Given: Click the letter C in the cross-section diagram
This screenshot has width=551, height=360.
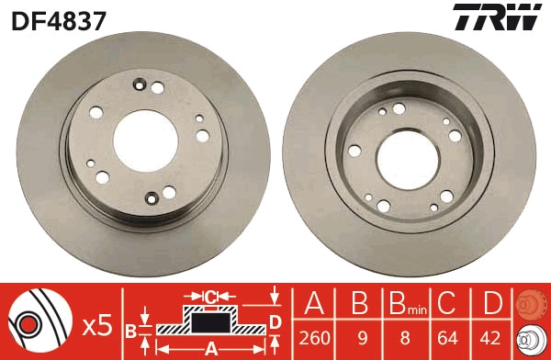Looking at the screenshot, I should (211, 297).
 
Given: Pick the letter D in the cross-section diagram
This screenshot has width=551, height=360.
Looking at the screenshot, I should (274, 321).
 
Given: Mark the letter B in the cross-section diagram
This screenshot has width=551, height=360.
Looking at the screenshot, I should (131, 329).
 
